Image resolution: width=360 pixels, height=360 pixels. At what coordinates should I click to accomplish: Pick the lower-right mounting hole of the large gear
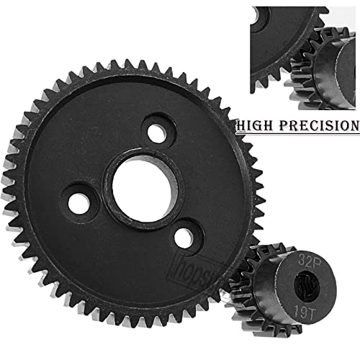pyautogui.click(x=184, y=236)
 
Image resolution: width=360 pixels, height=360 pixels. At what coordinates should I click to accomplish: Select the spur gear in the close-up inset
pyautogui.click(x=277, y=43)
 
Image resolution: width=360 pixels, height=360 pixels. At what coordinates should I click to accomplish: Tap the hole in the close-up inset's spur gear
pyautogui.click(x=260, y=14)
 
